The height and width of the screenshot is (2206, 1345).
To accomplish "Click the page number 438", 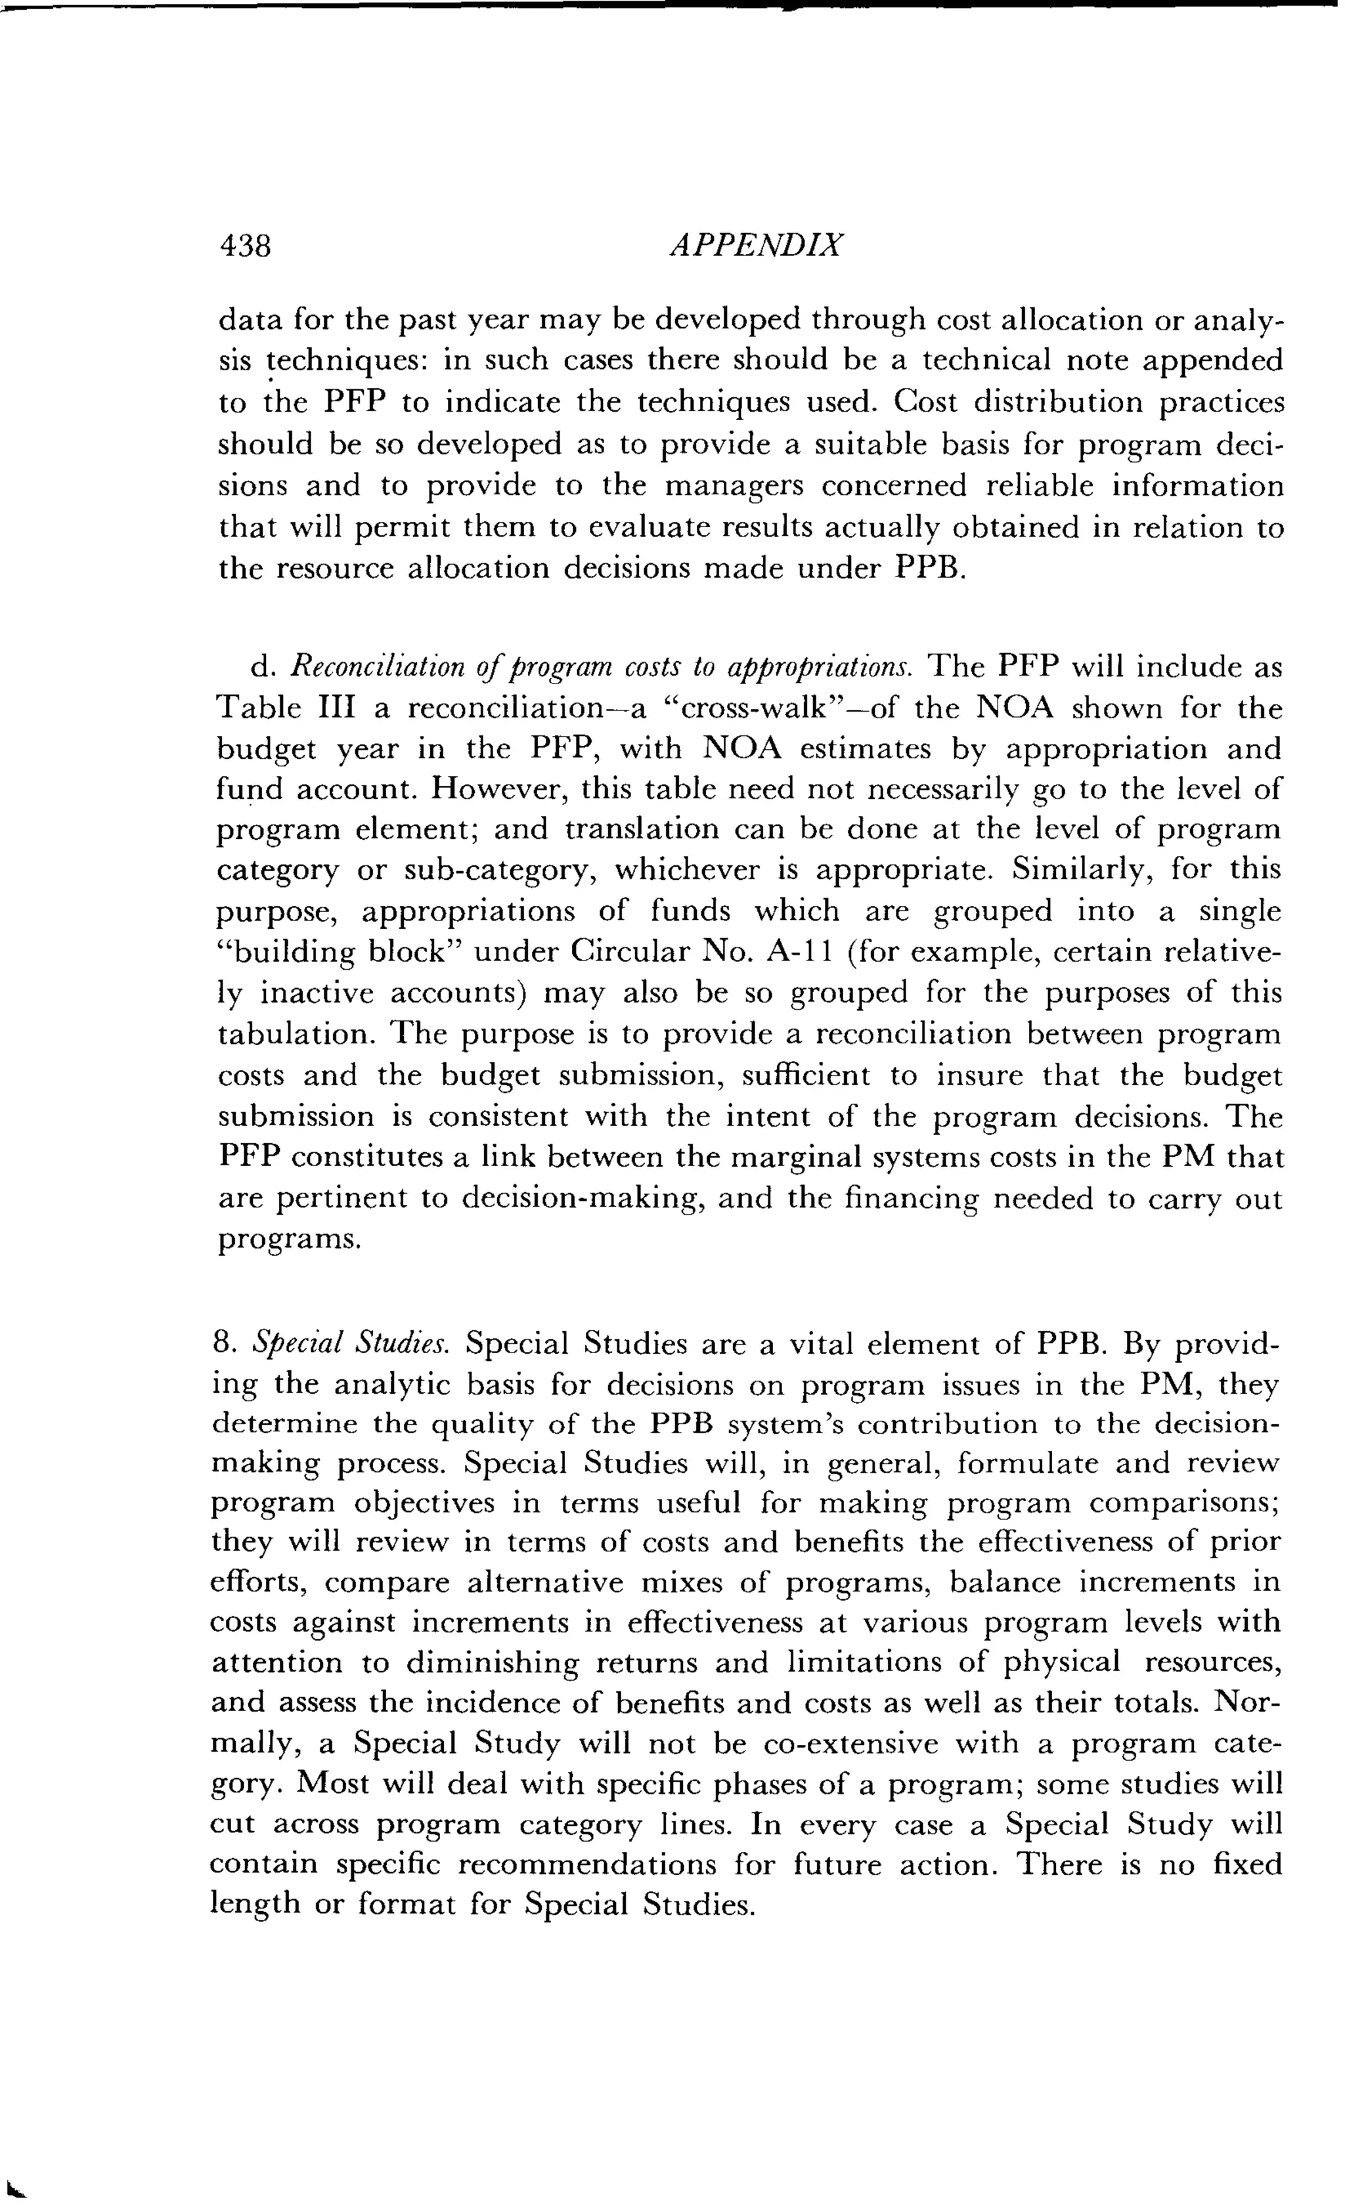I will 246,246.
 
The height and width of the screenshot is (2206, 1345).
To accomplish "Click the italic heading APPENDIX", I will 757,246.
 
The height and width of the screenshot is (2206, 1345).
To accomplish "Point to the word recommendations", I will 587,1864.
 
